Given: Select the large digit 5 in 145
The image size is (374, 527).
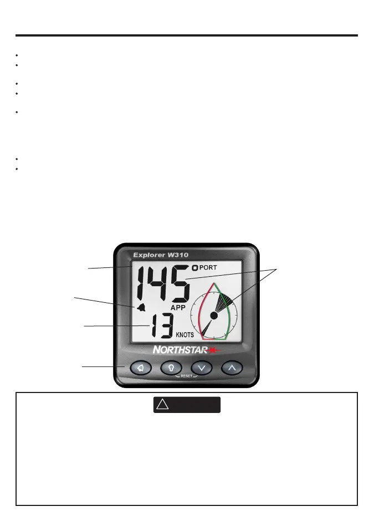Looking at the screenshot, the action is [x=179, y=283].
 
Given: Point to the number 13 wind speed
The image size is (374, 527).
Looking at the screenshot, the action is [x=160, y=326].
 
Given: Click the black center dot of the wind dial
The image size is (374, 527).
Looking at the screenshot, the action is [x=213, y=314].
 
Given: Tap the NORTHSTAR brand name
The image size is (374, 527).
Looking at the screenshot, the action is [x=177, y=350].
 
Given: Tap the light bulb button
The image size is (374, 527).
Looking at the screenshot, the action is [x=171, y=367].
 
